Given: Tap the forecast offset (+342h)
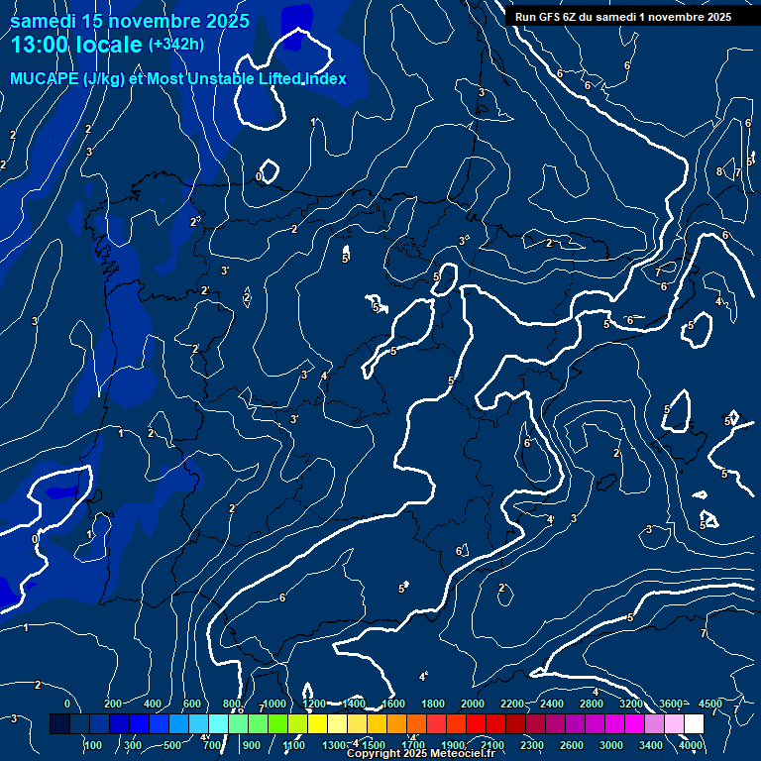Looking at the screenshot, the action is point(176,45).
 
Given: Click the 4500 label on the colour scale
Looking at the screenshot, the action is point(709,704).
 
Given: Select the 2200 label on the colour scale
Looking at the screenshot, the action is point(512,704).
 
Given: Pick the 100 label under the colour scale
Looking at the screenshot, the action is point(93,745).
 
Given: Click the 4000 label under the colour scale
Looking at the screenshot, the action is point(692,745).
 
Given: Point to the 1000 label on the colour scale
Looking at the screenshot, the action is point(274,704).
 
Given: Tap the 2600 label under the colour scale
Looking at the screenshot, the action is point(573,745).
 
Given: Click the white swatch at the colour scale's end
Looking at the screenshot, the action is point(693,724).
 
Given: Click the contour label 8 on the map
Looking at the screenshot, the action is point(719,171).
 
